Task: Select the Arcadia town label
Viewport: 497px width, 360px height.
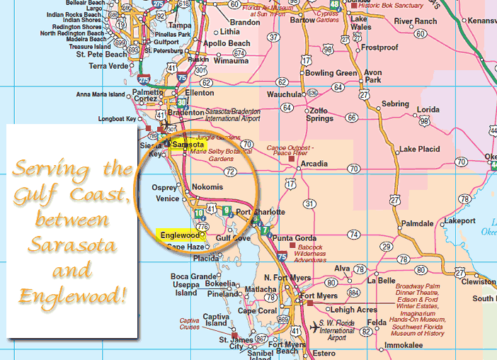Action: point(314,164)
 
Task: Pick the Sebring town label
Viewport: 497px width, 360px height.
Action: point(394,104)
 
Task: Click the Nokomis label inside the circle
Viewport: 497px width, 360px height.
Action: point(207,186)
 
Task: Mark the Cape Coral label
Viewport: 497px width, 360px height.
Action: point(257,310)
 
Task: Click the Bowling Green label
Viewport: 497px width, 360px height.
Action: point(331,73)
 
